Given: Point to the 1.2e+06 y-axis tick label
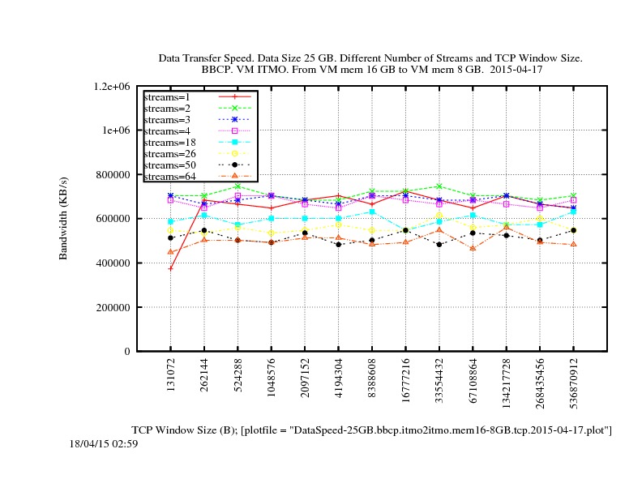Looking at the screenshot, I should point(113,86).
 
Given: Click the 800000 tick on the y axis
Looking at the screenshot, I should point(115,174).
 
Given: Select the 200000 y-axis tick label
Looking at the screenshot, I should point(115,307).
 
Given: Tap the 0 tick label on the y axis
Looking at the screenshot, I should point(127,352).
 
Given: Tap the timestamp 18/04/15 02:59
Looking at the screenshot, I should point(104,443).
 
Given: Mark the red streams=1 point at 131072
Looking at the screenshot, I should point(170,268).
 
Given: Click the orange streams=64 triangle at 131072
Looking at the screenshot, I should point(170,251).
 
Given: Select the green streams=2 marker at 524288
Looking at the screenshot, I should point(238,186).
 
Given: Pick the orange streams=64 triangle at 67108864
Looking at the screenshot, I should point(473,248).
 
